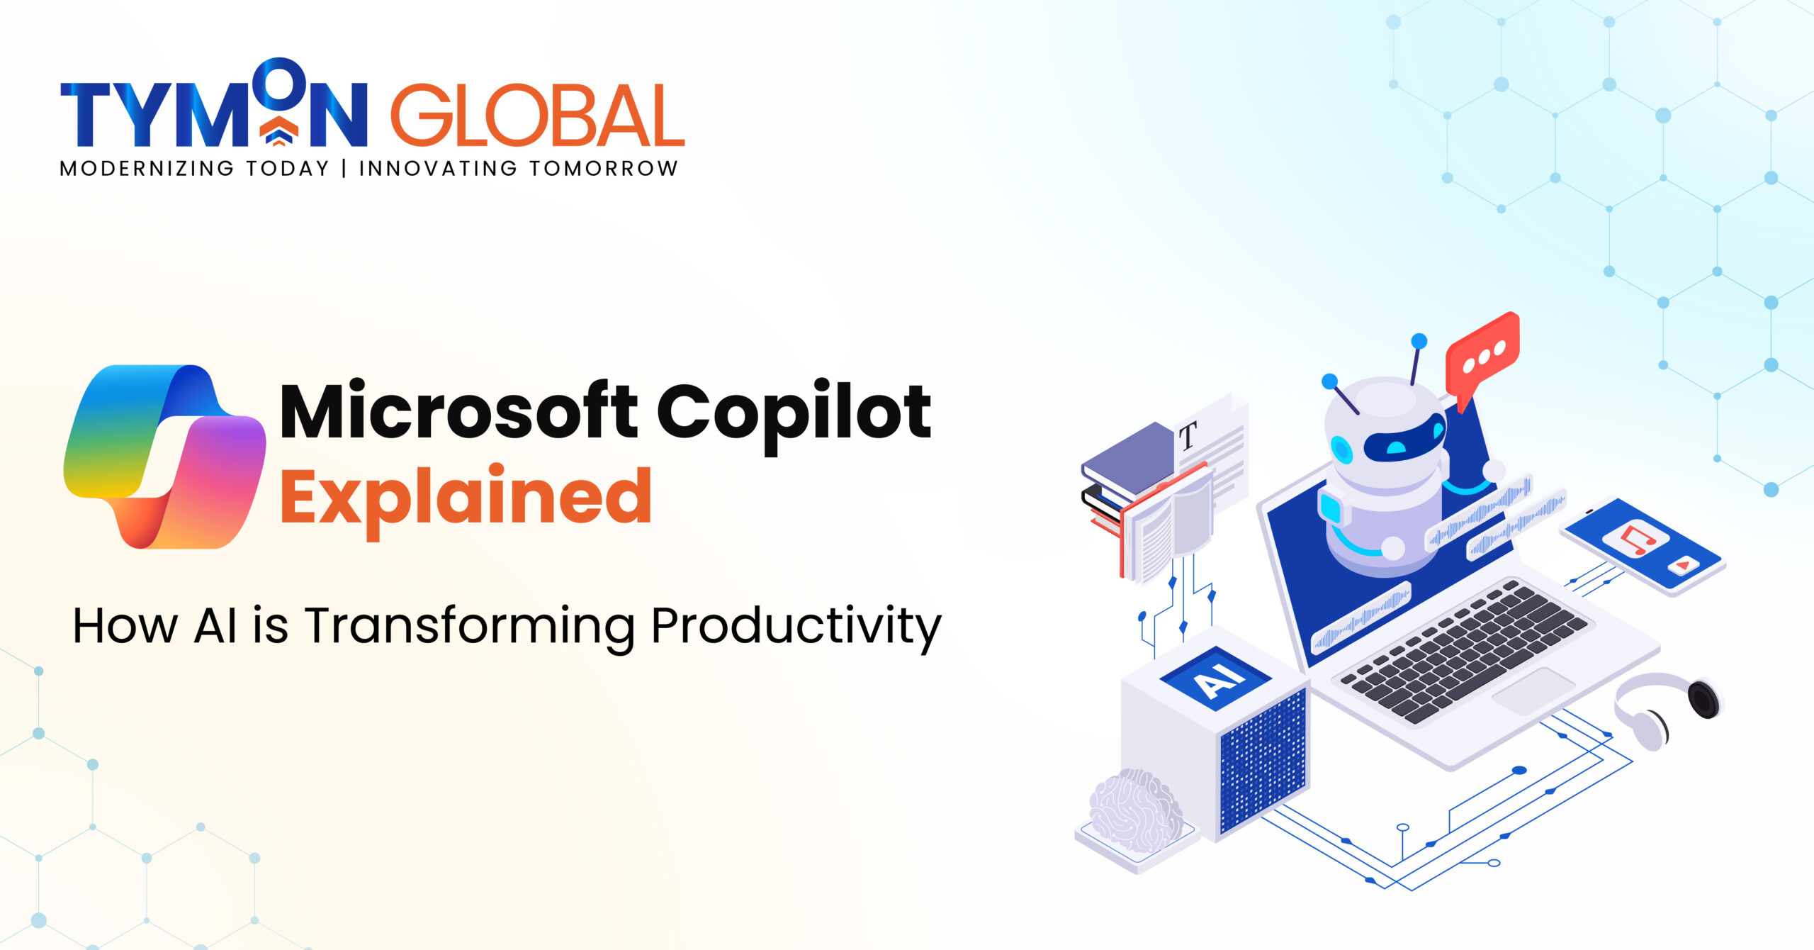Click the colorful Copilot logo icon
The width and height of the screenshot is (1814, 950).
[x=164, y=457]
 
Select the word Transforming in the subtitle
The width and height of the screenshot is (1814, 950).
[x=471, y=627]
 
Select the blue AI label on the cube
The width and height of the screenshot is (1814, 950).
[x=1216, y=678]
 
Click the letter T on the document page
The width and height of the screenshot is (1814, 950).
[x=1188, y=435]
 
